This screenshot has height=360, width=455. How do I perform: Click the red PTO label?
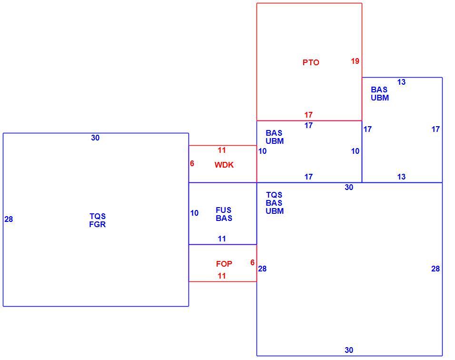click(x=311, y=62)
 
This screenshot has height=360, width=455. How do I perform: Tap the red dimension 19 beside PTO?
click(x=355, y=61)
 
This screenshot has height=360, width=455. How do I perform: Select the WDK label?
click(x=224, y=165)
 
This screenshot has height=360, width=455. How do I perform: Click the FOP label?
click(x=224, y=264)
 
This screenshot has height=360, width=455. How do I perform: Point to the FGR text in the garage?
click(x=98, y=224)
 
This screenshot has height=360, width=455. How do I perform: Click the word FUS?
click(x=223, y=210)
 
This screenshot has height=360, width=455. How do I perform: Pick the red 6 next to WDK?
click(x=192, y=163)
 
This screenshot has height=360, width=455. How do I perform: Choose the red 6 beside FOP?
click(x=252, y=262)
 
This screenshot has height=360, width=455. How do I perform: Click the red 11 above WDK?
click(x=222, y=150)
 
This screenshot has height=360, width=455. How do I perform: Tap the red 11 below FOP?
click(x=222, y=276)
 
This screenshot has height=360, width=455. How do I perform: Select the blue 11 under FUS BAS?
click(x=222, y=239)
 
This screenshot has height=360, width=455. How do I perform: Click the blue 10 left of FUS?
click(x=194, y=213)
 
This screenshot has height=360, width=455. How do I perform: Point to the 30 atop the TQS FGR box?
click(x=95, y=138)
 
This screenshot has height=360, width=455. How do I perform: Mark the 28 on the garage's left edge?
click(x=9, y=219)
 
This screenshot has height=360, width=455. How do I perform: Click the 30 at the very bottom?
click(x=349, y=350)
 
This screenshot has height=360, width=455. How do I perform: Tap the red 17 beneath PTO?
click(x=308, y=115)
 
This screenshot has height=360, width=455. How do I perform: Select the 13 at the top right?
click(x=401, y=82)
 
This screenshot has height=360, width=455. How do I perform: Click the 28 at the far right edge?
click(x=435, y=269)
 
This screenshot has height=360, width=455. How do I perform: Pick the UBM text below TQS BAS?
click(x=275, y=211)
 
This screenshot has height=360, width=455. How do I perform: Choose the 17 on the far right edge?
click(x=435, y=129)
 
